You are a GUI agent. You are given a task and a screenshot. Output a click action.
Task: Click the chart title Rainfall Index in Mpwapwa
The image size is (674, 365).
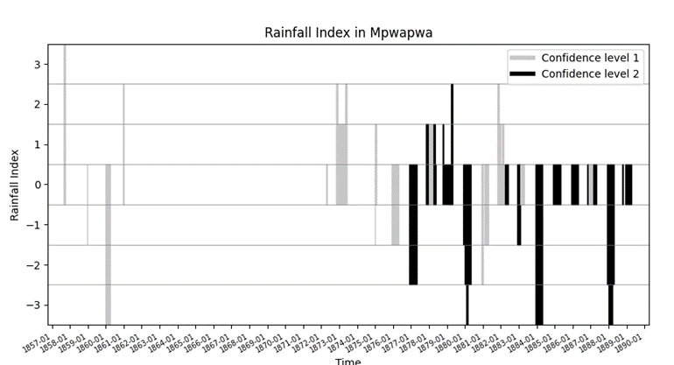pyautogui.click(x=348, y=33)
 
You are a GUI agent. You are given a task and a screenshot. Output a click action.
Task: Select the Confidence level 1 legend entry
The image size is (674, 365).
pyautogui.click(x=589, y=58)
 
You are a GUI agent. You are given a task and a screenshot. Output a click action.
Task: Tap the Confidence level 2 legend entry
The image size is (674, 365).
pyautogui.click(x=589, y=74)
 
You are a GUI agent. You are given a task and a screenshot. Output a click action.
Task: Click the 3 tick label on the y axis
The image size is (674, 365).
pyautogui.click(x=38, y=65)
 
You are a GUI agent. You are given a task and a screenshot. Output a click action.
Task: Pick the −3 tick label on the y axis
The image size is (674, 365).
pyautogui.click(x=35, y=305)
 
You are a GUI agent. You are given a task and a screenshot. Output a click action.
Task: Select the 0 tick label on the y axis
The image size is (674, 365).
pyautogui.click(x=38, y=185)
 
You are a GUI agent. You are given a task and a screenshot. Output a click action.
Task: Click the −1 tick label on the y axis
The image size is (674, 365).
pyautogui.click(x=35, y=225)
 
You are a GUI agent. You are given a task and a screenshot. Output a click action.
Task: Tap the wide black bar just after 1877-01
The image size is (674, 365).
pyautogui.click(x=413, y=224)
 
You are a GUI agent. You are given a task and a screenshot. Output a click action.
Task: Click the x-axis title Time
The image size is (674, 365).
pyautogui.click(x=348, y=360)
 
